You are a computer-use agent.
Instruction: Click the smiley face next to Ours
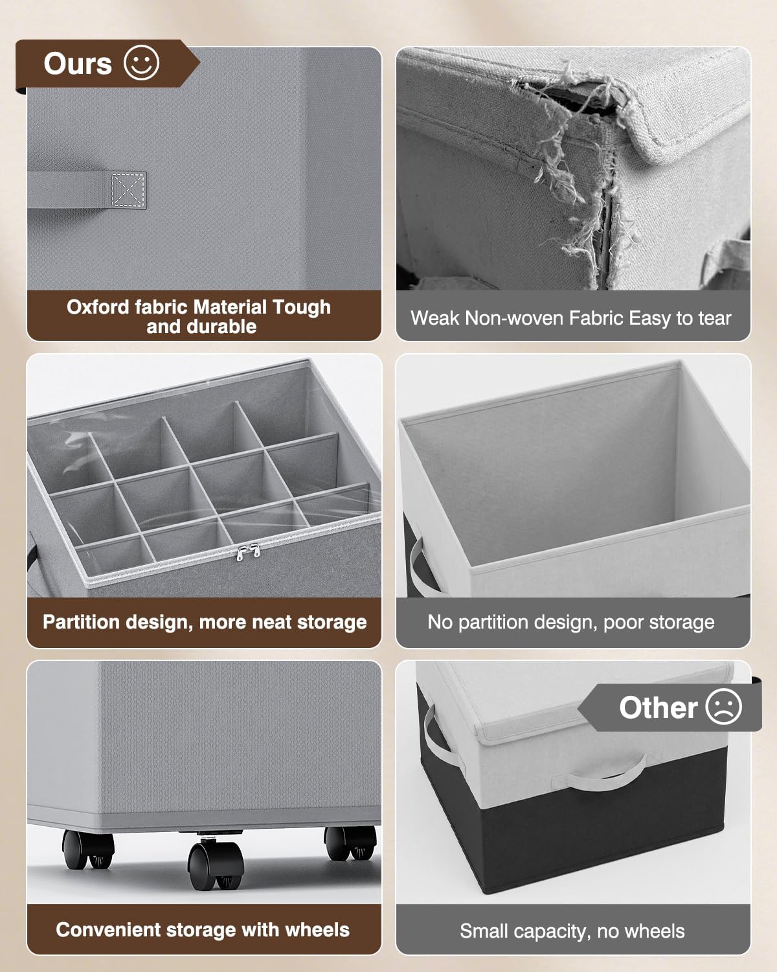point(141,63)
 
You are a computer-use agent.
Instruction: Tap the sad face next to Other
point(724,707)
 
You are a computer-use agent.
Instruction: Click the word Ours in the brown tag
point(78,64)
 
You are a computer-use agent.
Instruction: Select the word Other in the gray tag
point(658,708)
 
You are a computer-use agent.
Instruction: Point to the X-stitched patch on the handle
point(128,190)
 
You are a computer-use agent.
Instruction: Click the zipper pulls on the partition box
point(247,552)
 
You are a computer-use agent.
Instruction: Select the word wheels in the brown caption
point(317,930)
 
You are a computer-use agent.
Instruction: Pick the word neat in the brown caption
point(272,622)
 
